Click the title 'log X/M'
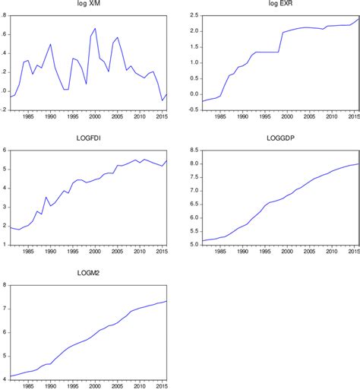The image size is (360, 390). click(x=88, y=5)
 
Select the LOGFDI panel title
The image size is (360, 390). click(x=88, y=138)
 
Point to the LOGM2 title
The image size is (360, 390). click(x=88, y=274)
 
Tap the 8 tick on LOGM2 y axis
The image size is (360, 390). click(x=5, y=285)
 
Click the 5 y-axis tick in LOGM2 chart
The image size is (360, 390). click(x=5, y=356)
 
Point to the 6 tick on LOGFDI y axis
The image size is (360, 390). click(x=5, y=150)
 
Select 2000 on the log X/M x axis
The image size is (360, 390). click(x=94, y=116)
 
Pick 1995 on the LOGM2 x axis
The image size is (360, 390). click(x=72, y=386)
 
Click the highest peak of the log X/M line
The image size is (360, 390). click(x=95, y=29)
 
